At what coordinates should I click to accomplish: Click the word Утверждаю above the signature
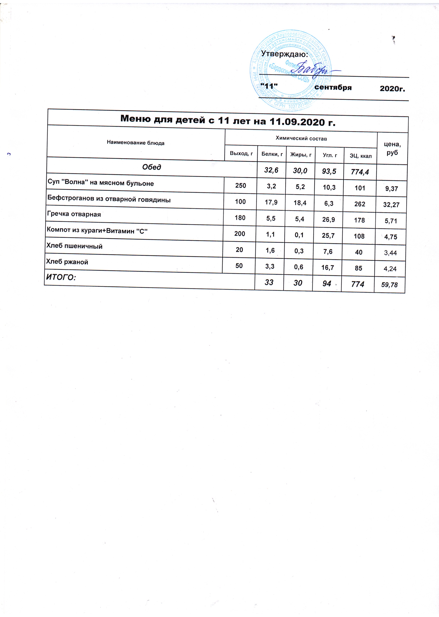click(284, 54)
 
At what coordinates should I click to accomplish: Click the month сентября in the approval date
click(333, 87)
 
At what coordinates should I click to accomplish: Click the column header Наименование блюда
click(136, 143)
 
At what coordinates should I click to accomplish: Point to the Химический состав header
click(301, 138)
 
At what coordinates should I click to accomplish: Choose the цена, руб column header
click(392, 148)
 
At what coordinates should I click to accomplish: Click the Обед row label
click(152, 167)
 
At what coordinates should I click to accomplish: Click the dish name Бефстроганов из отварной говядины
click(109, 200)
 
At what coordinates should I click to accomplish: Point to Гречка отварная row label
click(74, 214)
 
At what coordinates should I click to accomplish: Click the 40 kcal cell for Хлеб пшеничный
click(359, 252)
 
